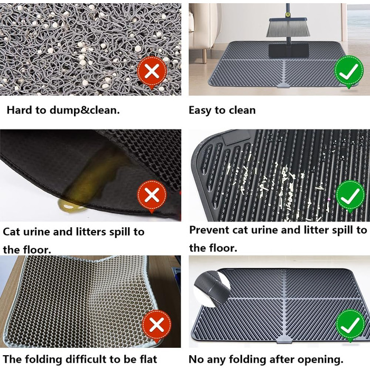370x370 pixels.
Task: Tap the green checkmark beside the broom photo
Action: tap(349, 71)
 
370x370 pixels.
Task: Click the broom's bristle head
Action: tap(288, 27)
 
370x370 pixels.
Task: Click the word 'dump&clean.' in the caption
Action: tap(85, 110)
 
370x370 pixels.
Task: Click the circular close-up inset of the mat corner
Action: tap(212, 289)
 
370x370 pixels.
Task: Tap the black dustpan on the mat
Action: tap(289, 50)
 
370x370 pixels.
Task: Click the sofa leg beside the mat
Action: tap(205, 55)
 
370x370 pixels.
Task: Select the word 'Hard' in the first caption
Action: tap(20, 110)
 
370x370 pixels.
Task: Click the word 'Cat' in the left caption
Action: tap(11, 232)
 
